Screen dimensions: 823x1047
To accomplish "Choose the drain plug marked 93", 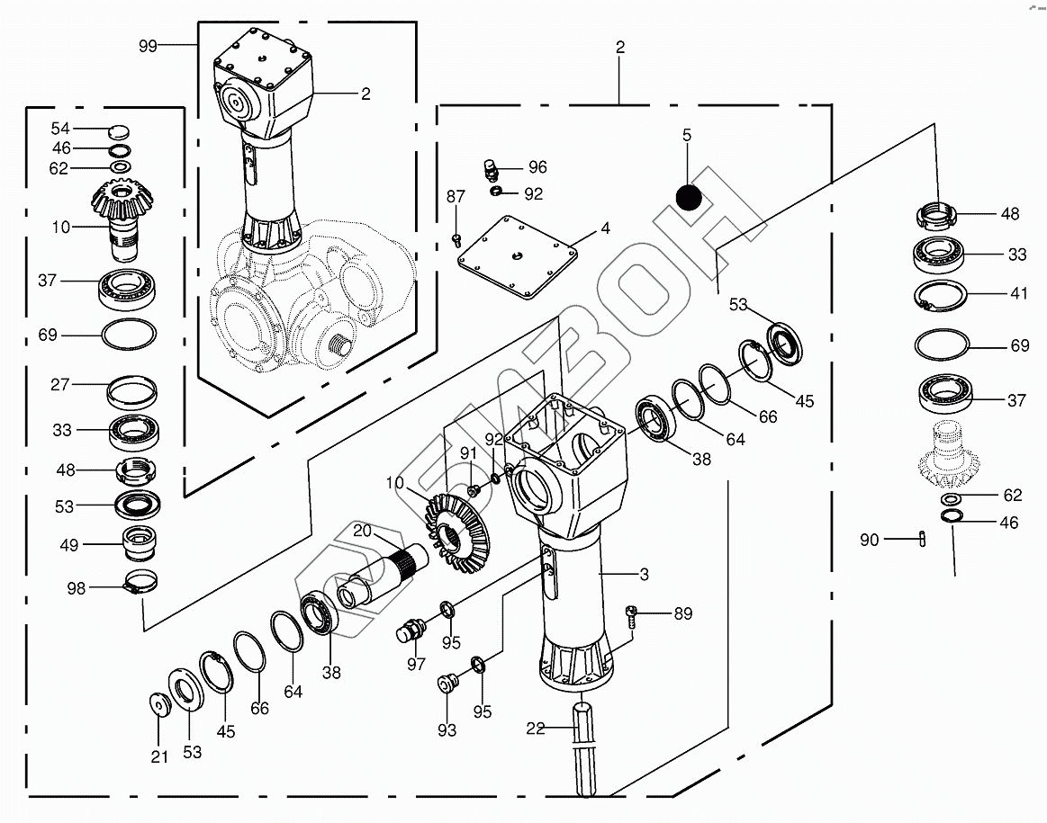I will click(x=447, y=685).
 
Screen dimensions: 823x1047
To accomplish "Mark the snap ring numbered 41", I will click(x=943, y=296).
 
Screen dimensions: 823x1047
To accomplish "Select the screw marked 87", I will click(x=456, y=238).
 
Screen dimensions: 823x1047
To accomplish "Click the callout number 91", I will click(x=468, y=452).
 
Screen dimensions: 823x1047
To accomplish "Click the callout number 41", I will click(x=1017, y=293).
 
